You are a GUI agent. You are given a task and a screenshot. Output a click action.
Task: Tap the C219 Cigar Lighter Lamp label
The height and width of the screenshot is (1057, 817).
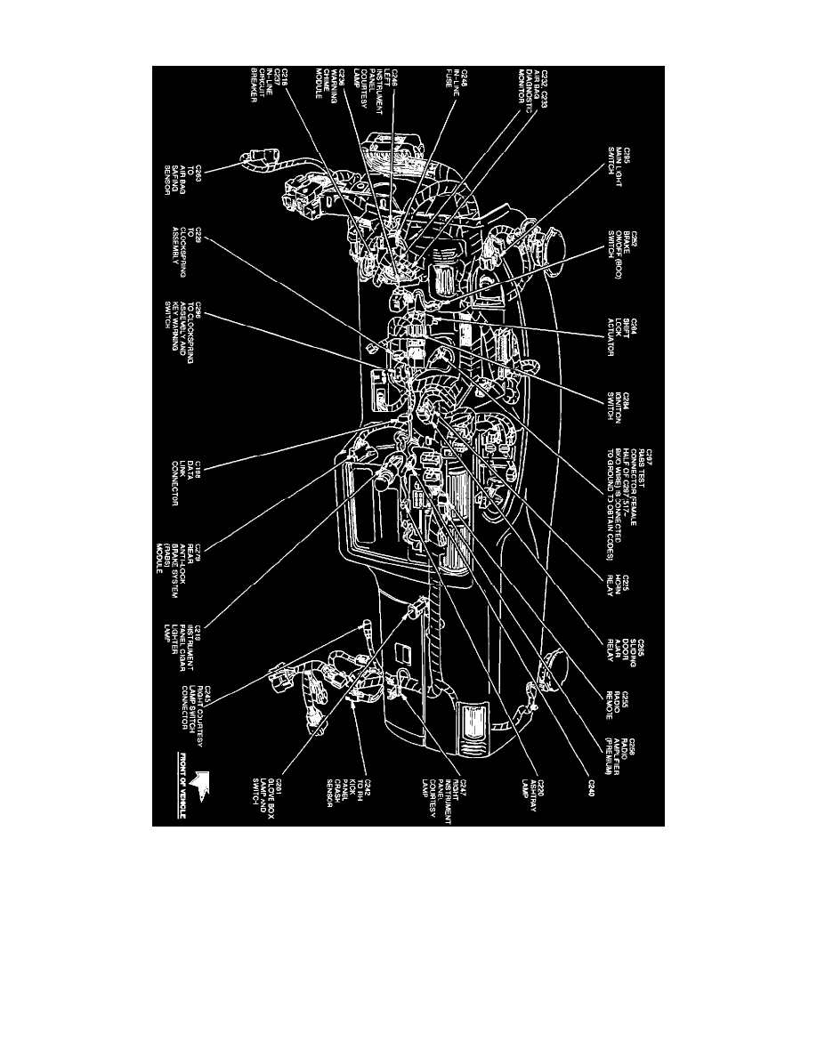[x=187, y=654]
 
